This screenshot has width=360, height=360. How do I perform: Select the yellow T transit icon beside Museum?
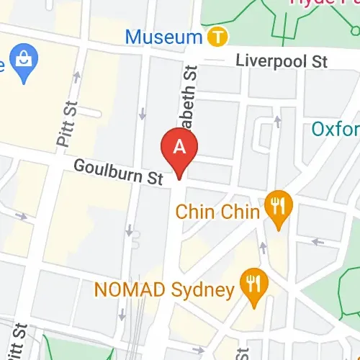point(216,35)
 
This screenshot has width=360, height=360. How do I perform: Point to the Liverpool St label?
point(283,62)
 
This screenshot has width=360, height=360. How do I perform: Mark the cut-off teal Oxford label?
point(336,130)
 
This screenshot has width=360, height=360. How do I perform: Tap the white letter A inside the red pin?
point(181,147)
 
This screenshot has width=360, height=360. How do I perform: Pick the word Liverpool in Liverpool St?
point(274,62)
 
